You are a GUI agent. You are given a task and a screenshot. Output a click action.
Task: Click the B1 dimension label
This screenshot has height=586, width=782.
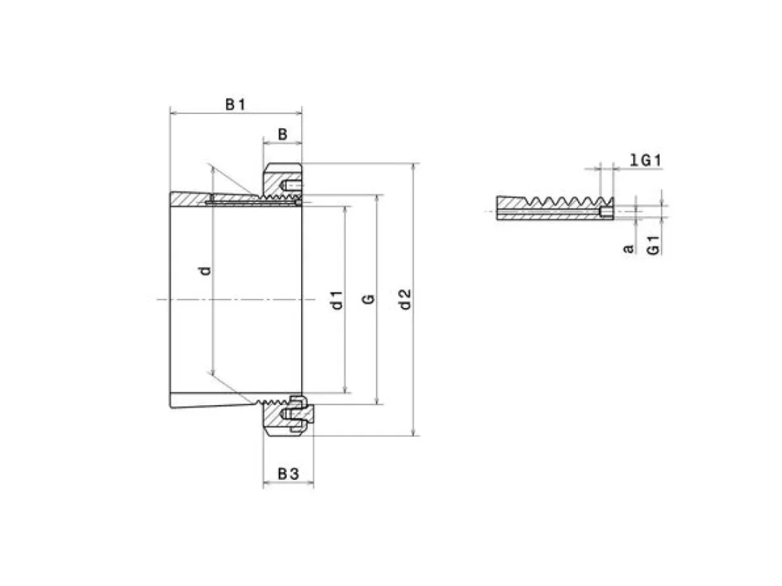(235, 105)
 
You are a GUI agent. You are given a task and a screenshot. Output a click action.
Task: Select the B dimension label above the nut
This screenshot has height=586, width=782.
(283, 135)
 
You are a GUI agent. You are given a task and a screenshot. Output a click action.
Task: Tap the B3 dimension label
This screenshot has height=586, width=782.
(288, 474)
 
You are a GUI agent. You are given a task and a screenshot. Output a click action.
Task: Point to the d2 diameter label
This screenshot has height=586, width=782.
(405, 300)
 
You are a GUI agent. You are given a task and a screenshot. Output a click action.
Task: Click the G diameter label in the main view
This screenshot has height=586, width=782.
(369, 299)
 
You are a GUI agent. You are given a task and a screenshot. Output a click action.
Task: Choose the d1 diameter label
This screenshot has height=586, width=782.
(337, 300)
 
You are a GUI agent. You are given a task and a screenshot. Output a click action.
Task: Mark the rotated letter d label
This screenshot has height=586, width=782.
(205, 271)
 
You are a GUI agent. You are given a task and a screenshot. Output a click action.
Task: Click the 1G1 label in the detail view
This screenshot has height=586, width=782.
(646, 160)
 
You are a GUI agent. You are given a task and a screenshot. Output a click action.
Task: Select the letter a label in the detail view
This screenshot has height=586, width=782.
(628, 248)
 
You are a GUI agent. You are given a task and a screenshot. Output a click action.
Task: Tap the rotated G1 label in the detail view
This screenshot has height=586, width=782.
(653, 245)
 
